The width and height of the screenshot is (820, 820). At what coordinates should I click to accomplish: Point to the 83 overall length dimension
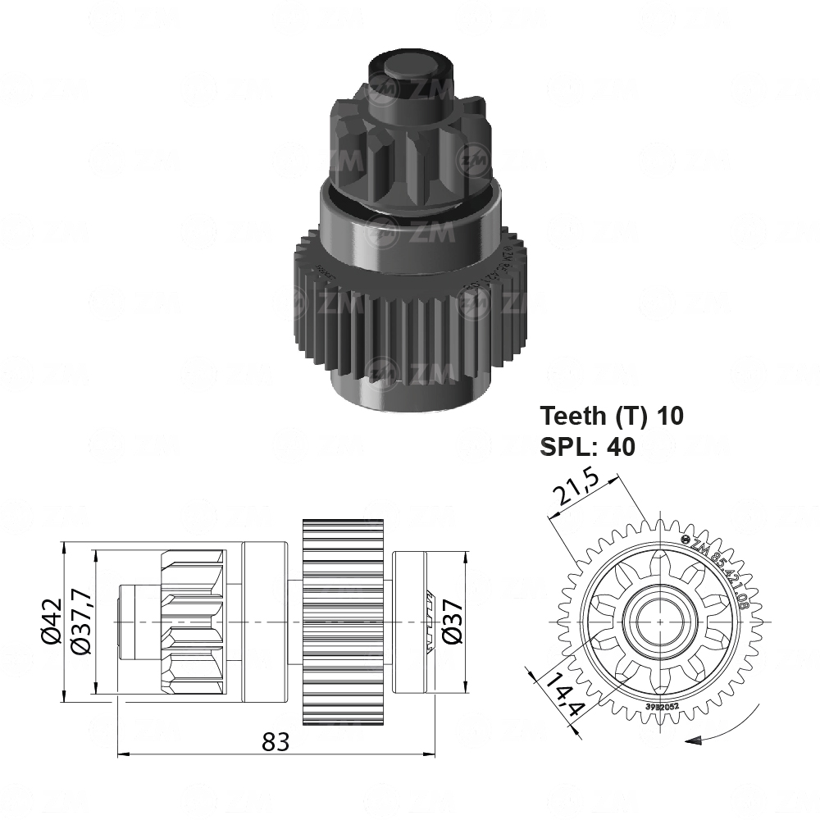pos(276,742)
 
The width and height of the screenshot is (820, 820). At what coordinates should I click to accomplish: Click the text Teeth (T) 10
pos(611,416)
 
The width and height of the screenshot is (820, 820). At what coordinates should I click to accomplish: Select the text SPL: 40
pos(587,446)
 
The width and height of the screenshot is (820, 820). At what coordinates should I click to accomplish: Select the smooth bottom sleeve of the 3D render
pos(410,385)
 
